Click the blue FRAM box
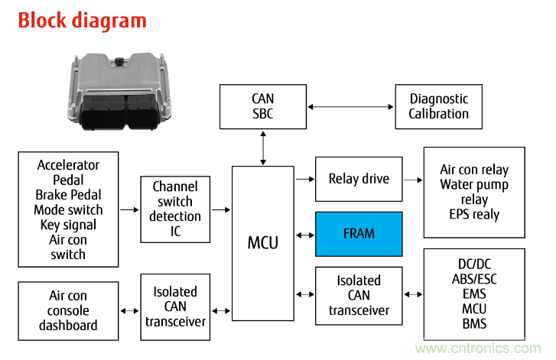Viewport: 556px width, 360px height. coord(359,233)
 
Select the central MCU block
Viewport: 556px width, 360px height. coord(262,243)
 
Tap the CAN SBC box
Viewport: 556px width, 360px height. coord(262,106)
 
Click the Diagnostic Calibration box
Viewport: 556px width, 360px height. coord(438,106)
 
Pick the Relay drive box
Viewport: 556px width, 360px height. coord(359,179)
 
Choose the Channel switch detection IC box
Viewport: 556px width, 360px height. coord(175,209)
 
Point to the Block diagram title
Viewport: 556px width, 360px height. coord(82,20)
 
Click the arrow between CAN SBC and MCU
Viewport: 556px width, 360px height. coord(262,147)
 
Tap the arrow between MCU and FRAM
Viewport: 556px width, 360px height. coord(304,233)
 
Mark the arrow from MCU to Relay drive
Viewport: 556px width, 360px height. coord(304,179)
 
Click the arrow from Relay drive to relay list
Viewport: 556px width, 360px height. coord(412,180)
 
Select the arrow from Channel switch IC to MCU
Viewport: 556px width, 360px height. coord(220,209)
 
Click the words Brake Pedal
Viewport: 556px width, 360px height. coord(68,195)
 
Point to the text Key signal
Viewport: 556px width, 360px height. coord(68,225)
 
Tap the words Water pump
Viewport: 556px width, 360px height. coord(474,185)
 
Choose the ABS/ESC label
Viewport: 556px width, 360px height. coord(474,279)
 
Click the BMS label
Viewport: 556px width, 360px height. coord(474,323)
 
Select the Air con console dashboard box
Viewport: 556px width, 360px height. coord(68,310)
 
